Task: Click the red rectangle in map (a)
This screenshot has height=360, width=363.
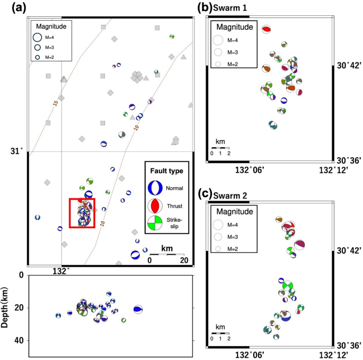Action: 82,213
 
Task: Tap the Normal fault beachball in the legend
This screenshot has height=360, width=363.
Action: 155,187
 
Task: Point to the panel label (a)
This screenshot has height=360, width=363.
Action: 11,7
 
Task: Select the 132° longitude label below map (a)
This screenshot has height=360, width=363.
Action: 62,272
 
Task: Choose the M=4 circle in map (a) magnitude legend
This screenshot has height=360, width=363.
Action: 38,37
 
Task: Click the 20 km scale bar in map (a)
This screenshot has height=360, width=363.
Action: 166,255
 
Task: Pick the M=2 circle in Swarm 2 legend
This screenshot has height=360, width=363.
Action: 218,248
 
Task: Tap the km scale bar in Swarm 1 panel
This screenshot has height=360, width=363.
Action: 220,148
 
